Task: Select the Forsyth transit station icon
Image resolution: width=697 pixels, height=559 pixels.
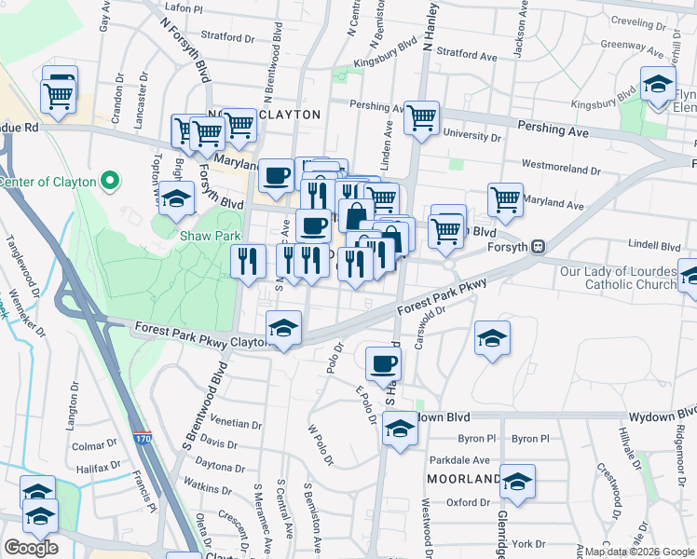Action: (538, 247)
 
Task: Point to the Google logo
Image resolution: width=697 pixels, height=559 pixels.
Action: (31, 548)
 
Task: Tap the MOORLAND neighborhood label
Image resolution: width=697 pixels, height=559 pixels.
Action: (463, 479)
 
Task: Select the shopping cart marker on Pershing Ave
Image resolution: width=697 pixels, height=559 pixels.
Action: (422, 117)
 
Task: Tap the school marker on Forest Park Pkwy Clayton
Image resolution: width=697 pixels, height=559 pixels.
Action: (283, 328)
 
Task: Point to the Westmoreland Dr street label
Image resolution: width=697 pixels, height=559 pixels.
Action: (561, 170)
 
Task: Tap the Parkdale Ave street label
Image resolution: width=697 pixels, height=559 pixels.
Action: (459, 460)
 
